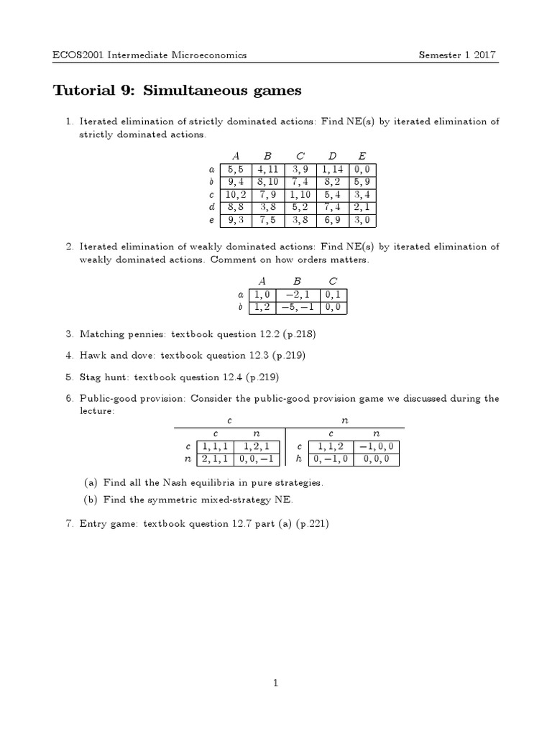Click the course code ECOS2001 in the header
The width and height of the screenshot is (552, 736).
tap(78, 55)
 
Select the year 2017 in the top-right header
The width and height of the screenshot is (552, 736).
tap(486, 55)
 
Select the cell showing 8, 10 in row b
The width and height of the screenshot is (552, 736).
tap(267, 182)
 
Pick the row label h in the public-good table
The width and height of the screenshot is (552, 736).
tap(298, 459)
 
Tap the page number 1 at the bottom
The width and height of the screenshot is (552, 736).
tap(276, 683)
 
